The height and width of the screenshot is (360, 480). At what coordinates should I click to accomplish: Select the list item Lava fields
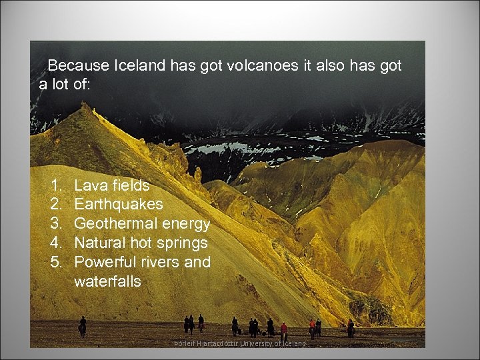point(111,185)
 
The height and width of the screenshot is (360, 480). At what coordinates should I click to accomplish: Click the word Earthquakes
point(118,204)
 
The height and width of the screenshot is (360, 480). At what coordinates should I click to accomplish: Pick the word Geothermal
point(115,223)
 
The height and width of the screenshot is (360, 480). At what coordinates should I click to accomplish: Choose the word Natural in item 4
point(98,243)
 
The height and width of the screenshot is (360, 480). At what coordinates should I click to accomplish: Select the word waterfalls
point(107,281)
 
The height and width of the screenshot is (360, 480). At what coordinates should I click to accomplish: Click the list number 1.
point(56,185)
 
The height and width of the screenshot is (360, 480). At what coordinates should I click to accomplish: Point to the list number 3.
point(56,223)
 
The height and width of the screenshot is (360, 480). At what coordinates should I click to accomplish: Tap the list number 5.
point(56,262)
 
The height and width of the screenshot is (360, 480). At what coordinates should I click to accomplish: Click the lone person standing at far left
point(83,326)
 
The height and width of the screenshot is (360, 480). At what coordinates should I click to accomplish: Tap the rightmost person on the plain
point(350,327)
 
